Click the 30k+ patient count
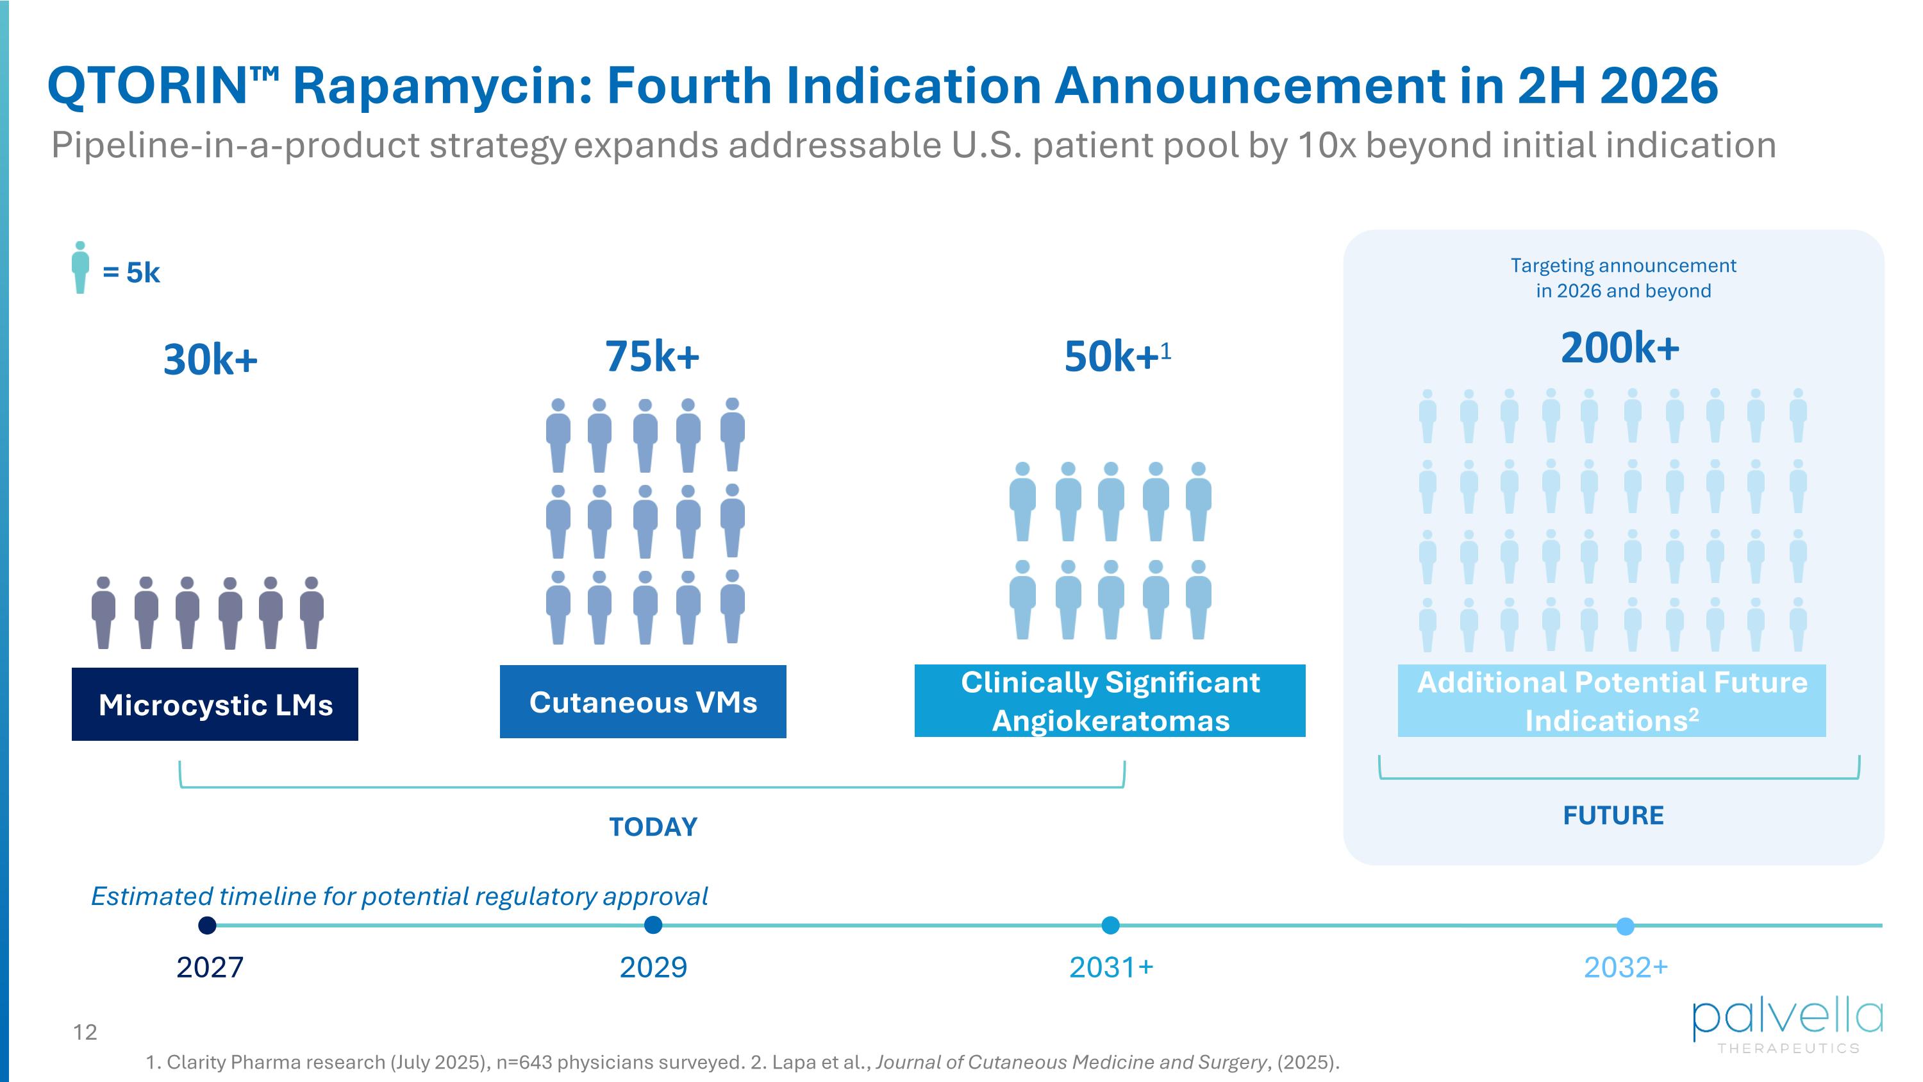pos(210,360)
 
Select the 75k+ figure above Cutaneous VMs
pos(652,356)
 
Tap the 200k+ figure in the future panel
pos(1620,348)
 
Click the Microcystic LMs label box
pos(215,704)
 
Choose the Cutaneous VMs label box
pos(643,702)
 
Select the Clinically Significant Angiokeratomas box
pos(1110,701)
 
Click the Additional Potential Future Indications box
pos(1611,701)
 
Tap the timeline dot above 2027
pos(208,926)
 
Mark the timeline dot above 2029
pos(653,926)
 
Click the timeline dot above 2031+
pos(1111,926)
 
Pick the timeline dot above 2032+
pos(1625,927)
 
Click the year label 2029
pos(653,968)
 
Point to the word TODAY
pos(653,827)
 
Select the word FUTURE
pos(1613,815)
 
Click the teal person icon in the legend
pos(81,267)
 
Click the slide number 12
pos(85,1033)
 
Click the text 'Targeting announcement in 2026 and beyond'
pos(1623,278)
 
